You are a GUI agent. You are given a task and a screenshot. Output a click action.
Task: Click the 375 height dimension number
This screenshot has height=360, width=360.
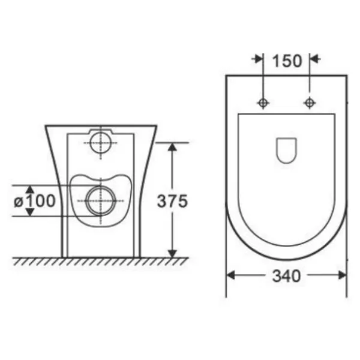(x=172, y=201)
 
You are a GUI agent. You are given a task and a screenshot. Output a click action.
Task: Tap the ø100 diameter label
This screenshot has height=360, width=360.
(x=35, y=200)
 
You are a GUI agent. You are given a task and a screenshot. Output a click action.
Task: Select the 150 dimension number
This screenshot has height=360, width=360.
(x=287, y=61)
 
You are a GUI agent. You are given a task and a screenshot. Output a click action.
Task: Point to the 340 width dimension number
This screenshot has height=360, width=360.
(x=286, y=276)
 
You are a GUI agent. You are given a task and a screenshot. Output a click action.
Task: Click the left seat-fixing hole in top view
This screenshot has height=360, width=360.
(x=263, y=103)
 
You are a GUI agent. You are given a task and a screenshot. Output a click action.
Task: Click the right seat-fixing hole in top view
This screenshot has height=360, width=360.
(x=310, y=103)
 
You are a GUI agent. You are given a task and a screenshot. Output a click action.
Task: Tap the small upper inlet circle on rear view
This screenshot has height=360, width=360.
(x=101, y=143)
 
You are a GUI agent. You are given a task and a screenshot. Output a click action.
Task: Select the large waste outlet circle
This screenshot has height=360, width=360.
(x=101, y=201)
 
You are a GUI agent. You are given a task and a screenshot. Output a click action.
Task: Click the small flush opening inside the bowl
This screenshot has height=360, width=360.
(x=286, y=151)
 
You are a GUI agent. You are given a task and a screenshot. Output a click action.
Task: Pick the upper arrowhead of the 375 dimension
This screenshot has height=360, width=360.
(x=172, y=147)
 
